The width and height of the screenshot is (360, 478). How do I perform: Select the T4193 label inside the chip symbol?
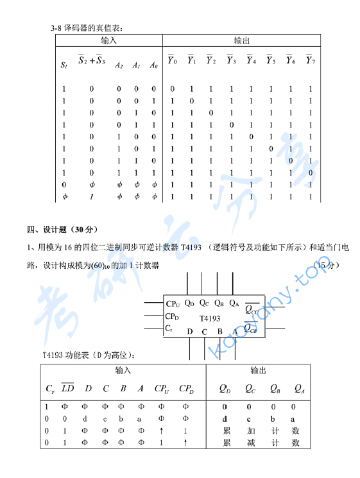pos(209,318)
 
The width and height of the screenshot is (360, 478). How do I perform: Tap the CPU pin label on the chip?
pos(173,303)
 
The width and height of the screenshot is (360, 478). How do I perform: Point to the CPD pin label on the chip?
pos(172,316)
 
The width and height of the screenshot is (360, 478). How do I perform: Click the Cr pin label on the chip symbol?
pos(169,329)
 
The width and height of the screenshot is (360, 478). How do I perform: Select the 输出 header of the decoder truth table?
pos(241,40)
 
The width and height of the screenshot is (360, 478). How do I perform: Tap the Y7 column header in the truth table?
pos(311,61)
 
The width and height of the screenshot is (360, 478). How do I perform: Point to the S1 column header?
pos(64,65)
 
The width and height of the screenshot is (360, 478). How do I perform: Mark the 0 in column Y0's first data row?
pos(172,89)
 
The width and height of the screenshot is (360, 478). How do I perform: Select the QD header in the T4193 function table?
pos(225,388)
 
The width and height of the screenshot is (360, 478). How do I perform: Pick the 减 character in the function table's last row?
pos(250,443)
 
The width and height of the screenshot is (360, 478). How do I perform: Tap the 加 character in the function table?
pos(250,431)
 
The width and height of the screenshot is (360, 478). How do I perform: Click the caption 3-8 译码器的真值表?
pos(86,28)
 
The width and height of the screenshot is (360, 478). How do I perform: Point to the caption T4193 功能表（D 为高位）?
pos(89,355)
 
